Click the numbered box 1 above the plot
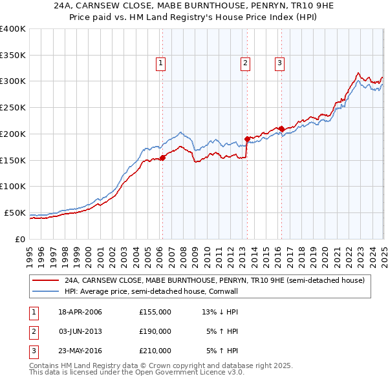tap(160, 63)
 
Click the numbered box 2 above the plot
tap(246, 63)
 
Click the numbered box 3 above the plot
tap(279, 63)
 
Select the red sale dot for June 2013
tap(247, 139)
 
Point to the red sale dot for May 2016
tap(282, 129)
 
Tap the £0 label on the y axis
tap(19, 239)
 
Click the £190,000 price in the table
tap(155, 331)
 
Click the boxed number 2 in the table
tap(32, 331)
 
